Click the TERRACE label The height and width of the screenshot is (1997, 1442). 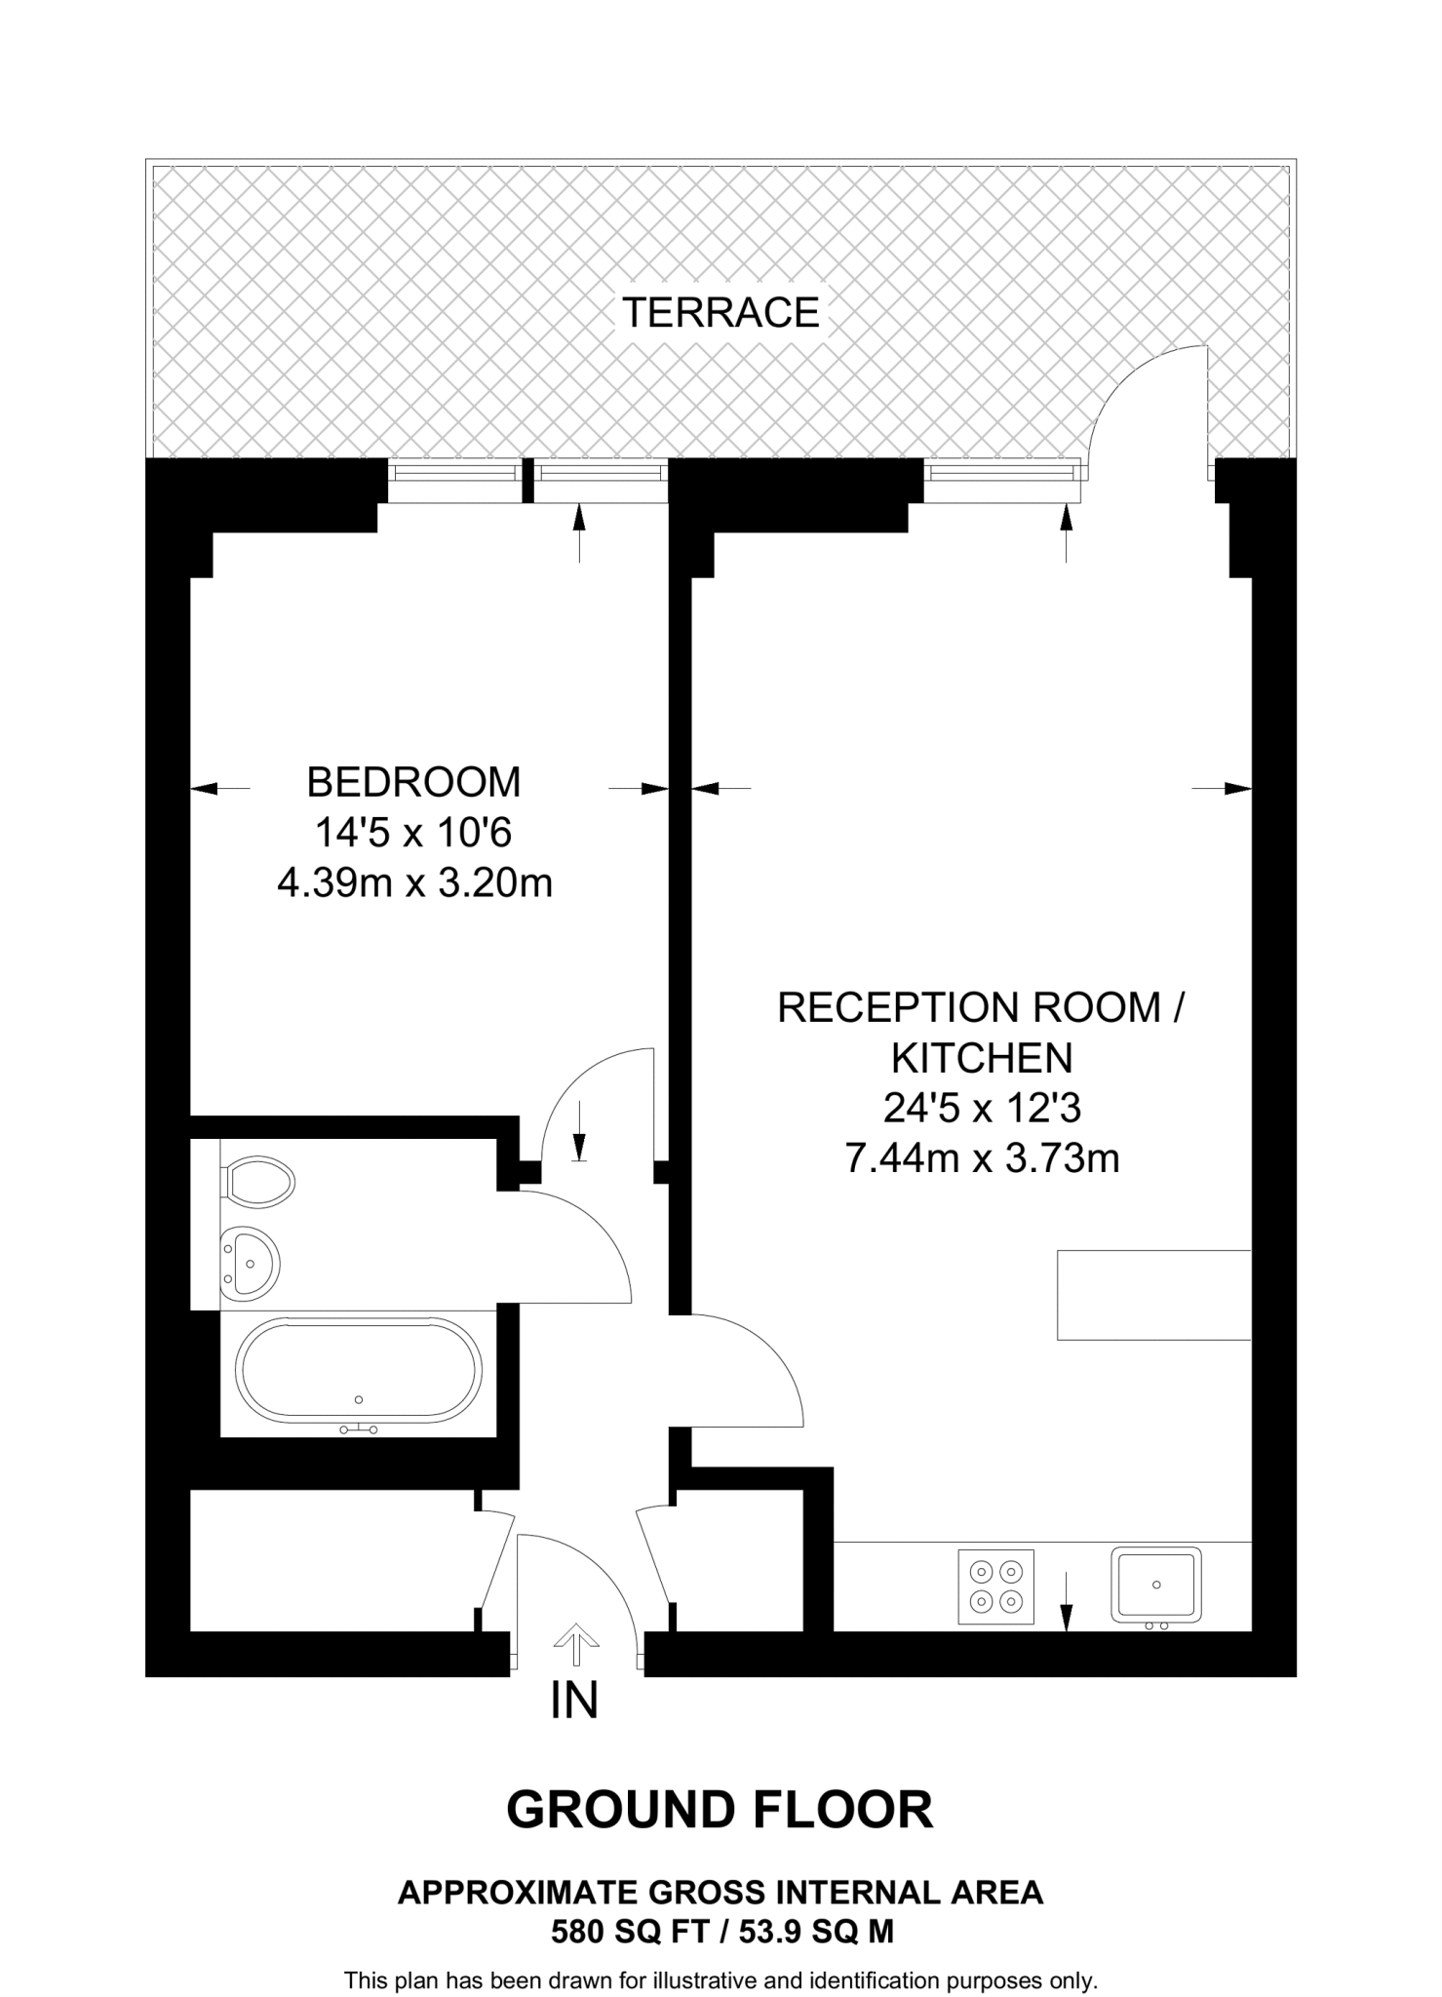(721, 313)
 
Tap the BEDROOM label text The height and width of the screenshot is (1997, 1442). (413, 783)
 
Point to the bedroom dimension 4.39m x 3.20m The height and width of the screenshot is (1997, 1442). (415, 883)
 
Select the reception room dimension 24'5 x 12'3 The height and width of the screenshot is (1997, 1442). (982, 1109)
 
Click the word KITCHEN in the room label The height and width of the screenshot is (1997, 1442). (982, 1058)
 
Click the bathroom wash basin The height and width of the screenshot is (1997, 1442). (250, 1264)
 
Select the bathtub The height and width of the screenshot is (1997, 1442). (360, 1371)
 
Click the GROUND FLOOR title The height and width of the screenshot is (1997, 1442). (720, 1810)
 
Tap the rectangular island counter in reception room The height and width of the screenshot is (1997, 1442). (1153, 1295)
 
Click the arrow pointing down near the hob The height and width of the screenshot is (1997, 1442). (1066, 1601)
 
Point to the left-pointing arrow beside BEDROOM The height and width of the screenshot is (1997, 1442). (219, 788)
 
